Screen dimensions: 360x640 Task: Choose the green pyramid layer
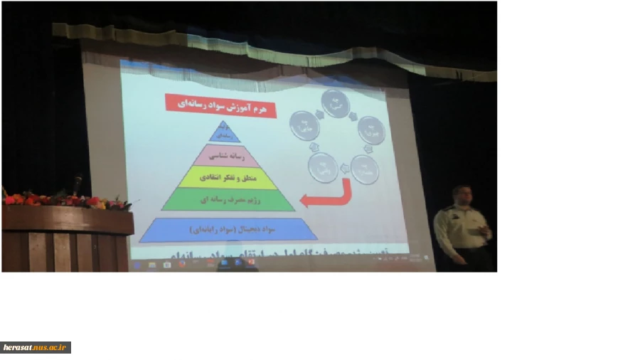(x=228, y=200)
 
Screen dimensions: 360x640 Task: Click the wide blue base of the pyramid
(x=228, y=230)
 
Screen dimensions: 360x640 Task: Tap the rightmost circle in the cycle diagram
(x=371, y=131)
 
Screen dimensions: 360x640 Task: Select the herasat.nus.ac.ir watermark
(x=36, y=347)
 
